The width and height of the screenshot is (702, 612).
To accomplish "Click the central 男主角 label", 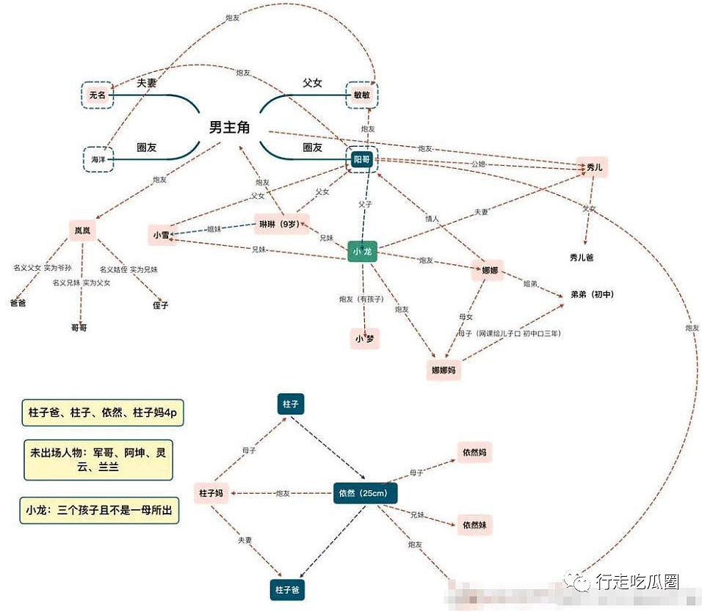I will pyautogui.click(x=230, y=128).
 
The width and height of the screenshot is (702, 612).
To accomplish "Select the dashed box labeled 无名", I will pyautogui.click(x=98, y=95).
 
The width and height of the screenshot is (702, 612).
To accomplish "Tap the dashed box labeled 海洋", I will pyautogui.click(x=98, y=159).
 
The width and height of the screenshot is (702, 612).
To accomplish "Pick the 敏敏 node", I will pyautogui.click(x=362, y=95).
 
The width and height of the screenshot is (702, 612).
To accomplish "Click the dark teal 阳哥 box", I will pyautogui.click(x=362, y=159).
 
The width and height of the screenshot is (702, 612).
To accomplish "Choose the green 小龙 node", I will pyautogui.click(x=362, y=251).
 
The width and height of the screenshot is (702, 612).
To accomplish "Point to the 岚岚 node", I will pyautogui.click(x=82, y=230).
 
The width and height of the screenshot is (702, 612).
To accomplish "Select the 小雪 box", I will pyautogui.click(x=162, y=235).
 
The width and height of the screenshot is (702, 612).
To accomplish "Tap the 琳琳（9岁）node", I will pyautogui.click(x=281, y=223).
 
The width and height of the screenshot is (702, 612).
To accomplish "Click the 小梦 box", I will pyautogui.click(x=364, y=338).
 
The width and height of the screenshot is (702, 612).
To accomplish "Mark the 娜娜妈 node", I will pyautogui.click(x=444, y=370).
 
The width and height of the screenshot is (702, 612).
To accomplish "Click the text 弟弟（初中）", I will pyautogui.click(x=592, y=294).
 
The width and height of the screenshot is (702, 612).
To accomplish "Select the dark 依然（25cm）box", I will pyautogui.click(x=365, y=493).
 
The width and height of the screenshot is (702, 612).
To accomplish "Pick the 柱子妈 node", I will pyautogui.click(x=211, y=493).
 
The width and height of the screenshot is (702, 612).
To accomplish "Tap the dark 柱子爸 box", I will pyautogui.click(x=286, y=589).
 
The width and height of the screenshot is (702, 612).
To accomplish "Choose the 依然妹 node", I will pyautogui.click(x=473, y=525).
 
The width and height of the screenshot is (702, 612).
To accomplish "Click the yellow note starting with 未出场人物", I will pyautogui.click(x=98, y=460).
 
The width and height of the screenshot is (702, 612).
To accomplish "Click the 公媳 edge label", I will pyautogui.click(x=478, y=164).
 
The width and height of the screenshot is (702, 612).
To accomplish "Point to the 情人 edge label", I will pyautogui.click(x=432, y=218).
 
